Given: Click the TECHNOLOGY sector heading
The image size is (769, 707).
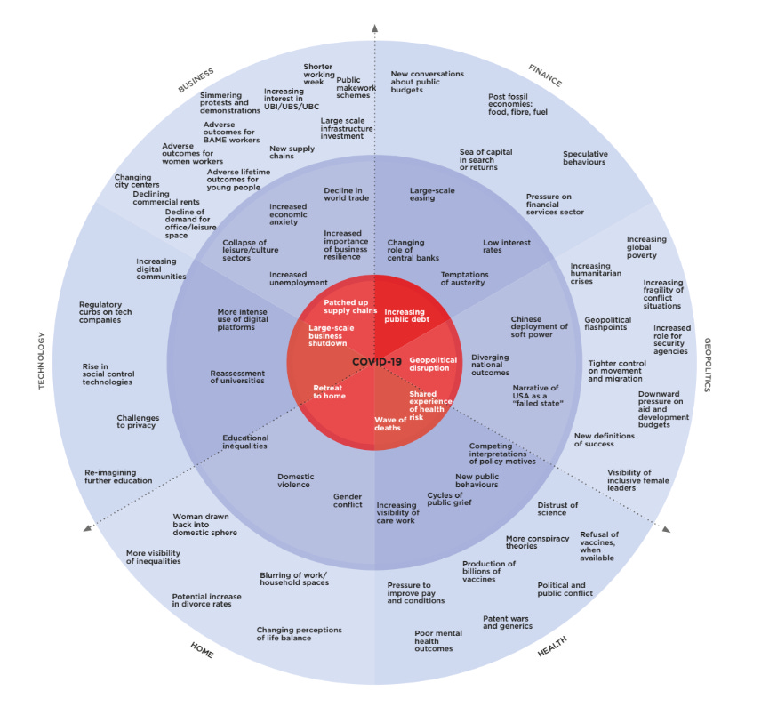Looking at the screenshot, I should [41, 360].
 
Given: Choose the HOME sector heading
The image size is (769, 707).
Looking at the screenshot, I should [202, 650].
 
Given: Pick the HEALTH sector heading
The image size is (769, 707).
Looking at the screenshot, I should [551, 647].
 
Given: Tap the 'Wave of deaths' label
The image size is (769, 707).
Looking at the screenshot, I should [388, 423].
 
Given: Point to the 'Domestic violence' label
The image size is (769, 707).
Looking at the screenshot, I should [293, 480].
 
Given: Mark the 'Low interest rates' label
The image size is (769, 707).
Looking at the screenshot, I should [507, 246].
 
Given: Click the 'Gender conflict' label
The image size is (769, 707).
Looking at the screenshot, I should [348, 501].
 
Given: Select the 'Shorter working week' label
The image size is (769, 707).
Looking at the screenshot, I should [317, 75].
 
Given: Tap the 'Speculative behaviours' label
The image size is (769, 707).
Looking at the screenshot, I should [585, 157].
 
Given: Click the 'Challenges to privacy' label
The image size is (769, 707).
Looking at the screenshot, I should [136, 422].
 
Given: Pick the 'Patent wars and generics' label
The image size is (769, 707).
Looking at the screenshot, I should [508, 622].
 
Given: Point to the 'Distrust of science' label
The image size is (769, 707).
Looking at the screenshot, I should [557, 509].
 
